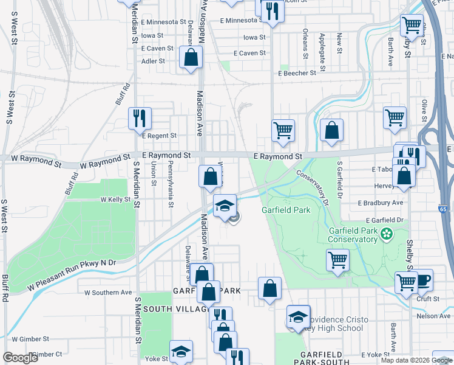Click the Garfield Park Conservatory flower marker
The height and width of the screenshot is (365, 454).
point(386,234)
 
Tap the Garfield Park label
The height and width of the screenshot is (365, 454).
point(286,210)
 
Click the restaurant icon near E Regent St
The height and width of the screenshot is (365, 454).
point(140,118)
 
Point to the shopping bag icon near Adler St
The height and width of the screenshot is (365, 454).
point(191,58)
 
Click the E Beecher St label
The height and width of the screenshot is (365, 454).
point(297,73)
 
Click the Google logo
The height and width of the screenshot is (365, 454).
point(20,358)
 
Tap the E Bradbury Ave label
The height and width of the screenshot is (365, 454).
point(381,203)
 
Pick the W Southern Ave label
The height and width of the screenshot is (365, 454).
point(108,292)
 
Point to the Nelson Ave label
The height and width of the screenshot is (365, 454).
point(433,316)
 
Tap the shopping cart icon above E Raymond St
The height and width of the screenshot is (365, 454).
point(283,130)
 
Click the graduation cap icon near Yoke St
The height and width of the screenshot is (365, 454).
point(181,351)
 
